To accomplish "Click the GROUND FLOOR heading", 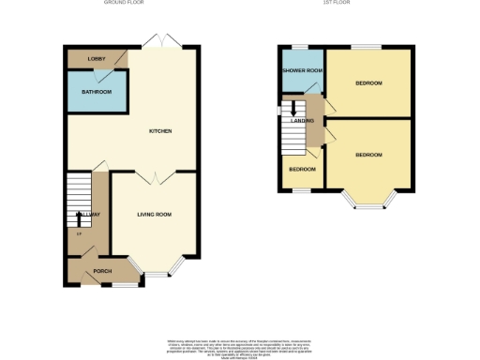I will click(128, 4).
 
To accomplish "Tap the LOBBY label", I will click(97, 59).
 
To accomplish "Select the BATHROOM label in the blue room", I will click(97, 92).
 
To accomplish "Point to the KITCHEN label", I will click(159, 130).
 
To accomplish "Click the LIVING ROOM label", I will click(154, 215).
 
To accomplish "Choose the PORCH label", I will click(102, 272).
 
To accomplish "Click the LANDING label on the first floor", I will click(302, 121).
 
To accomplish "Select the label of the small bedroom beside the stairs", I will click(301, 170).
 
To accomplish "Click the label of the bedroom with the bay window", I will click(368, 155).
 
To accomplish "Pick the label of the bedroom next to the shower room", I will click(368, 83).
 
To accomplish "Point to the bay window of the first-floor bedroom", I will click(368, 201).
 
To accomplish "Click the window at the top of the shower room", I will click(300, 47).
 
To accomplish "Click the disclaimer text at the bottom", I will click(239, 346).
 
